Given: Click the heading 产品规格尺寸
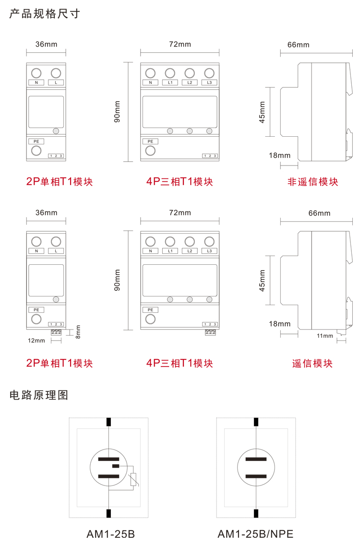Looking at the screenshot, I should tap(45, 13).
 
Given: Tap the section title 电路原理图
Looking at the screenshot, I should tap(39, 395).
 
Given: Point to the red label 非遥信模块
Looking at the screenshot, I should tap(312, 182).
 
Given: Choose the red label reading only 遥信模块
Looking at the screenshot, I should tap(312, 363).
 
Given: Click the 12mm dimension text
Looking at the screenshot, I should tap(36, 341).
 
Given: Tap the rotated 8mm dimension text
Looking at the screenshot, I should tap(78, 331).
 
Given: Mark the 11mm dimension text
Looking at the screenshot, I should tap(325, 336).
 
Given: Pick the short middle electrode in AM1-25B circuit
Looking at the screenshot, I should tap(115, 466).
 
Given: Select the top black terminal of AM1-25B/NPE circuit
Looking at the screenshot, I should tap(256, 422).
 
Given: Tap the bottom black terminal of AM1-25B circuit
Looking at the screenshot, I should tap(109, 513).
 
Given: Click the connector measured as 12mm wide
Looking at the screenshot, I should tap(57, 332).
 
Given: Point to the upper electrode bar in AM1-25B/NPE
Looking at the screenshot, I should tap(256, 459).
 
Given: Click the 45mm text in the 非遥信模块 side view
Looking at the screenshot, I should tap(262, 112).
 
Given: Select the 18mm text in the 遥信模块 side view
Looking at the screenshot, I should tap(280, 324).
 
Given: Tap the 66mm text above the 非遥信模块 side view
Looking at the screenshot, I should tap(298, 45).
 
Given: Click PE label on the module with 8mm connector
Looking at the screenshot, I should tap(36, 310).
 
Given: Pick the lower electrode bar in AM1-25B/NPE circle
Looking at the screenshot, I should tap(256, 476).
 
